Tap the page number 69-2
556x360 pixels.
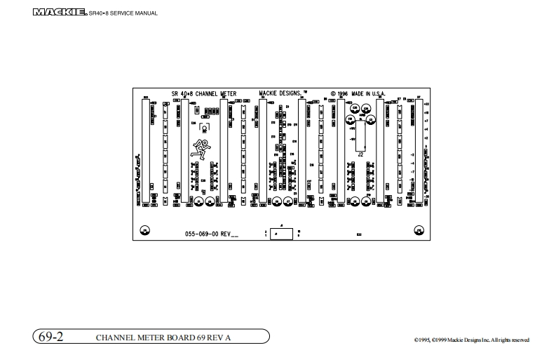coord(49,337)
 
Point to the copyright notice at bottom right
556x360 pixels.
coord(471,340)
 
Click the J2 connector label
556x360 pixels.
coord(360,154)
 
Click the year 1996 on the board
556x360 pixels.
coord(340,93)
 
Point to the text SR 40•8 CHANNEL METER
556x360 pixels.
coord(204,93)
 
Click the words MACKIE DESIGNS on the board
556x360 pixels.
coord(280,93)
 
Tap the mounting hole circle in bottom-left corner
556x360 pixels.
coord(145,230)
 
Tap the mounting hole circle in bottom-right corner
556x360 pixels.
coord(419,230)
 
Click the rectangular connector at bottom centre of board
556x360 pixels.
coord(280,233)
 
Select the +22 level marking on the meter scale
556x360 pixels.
coord(426,103)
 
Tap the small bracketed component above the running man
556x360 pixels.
coord(205,127)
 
